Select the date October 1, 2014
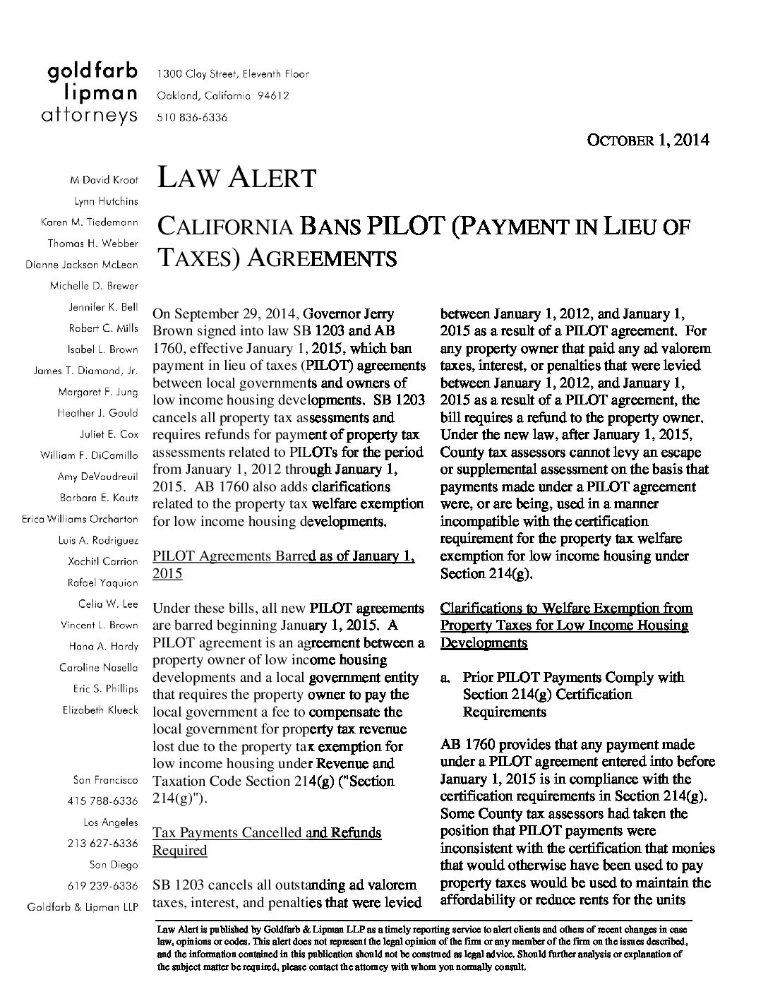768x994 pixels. click(x=648, y=140)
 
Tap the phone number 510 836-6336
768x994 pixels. click(x=192, y=118)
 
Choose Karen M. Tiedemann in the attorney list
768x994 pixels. click(x=90, y=222)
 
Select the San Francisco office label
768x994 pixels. click(x=106, y=780)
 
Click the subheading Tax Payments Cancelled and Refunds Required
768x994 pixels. click(x=267, y=842)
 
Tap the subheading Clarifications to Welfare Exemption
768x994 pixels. click(x=566, y=625)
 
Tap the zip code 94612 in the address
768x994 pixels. click(x=274, y=96)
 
